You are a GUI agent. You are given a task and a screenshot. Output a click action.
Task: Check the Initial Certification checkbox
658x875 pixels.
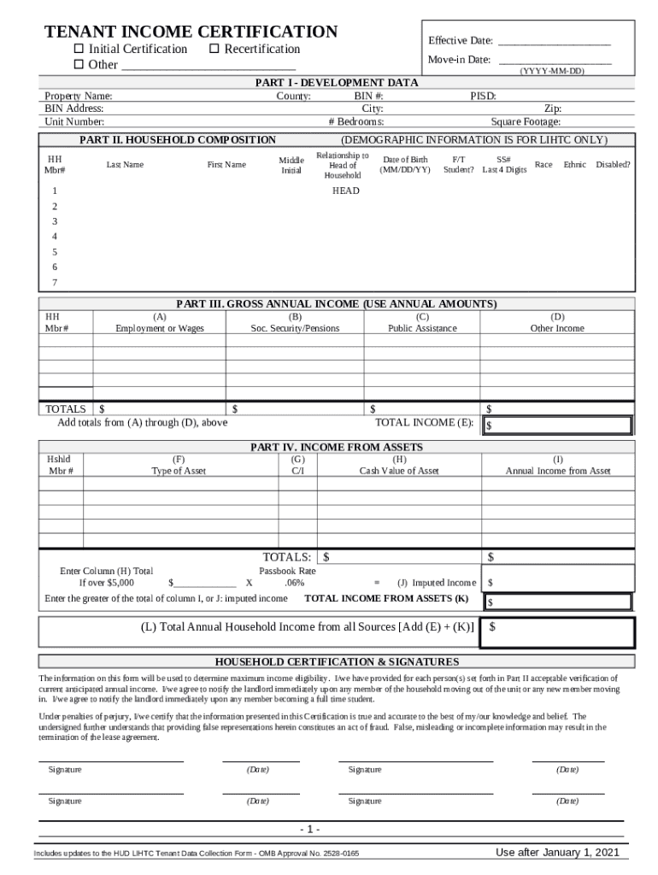79,50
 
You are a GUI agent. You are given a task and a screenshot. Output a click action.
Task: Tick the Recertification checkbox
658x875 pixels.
214,50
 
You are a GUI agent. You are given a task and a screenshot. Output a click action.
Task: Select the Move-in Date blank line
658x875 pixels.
555,60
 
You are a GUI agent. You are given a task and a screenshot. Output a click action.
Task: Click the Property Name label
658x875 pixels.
79,97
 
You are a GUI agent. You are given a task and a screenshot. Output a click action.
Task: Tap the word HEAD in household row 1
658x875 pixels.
346,191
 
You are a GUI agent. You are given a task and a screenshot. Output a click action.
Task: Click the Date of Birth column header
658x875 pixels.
405,165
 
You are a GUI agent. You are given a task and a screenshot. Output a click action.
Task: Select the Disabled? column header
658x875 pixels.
613,165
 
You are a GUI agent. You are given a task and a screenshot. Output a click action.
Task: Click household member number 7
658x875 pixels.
55,283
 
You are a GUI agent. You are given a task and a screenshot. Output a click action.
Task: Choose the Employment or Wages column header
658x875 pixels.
160,329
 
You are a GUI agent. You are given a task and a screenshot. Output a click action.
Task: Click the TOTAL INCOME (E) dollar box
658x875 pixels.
558,426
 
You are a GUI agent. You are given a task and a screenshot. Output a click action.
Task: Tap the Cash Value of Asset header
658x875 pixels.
399,471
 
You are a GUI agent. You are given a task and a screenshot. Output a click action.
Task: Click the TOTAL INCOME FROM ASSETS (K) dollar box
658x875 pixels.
558,602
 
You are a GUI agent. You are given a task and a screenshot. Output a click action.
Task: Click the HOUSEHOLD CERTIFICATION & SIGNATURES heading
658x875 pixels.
337,662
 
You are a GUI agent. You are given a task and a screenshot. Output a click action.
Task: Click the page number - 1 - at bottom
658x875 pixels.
309,830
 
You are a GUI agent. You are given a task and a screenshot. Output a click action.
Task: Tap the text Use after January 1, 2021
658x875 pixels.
557,853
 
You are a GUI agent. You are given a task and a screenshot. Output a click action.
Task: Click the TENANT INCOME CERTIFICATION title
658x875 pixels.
191,32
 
